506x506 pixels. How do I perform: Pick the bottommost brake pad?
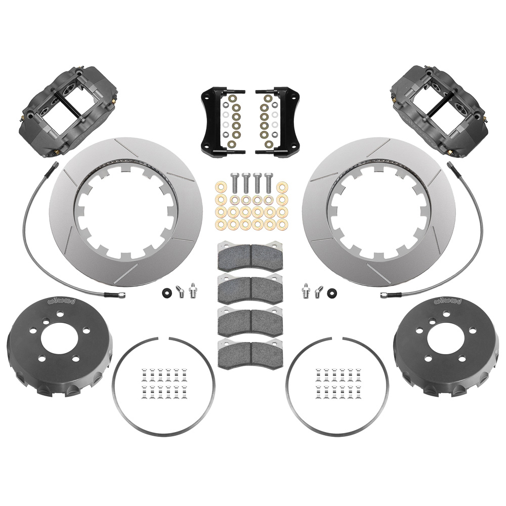point(250,354)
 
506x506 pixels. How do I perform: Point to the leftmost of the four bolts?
point(234,185)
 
